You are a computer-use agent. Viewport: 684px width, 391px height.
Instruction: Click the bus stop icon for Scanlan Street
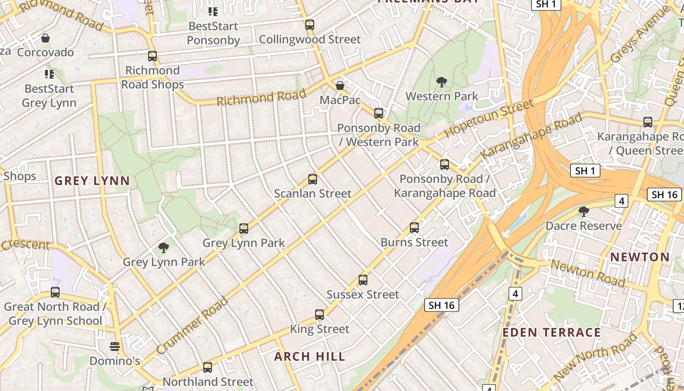(313, 179)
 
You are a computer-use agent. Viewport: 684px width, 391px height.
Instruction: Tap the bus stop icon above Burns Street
(414, 228)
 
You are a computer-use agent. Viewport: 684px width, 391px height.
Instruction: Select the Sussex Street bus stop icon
(363, 280)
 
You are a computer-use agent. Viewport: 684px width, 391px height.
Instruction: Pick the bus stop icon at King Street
(320, 315)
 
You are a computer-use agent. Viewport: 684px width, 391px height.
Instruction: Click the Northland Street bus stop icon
(208, 368)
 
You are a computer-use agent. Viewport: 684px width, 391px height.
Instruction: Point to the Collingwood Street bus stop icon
(310, 25)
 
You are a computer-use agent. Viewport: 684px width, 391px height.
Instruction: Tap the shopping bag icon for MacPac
(340, 86)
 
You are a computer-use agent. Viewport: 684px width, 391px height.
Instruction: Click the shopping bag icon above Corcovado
(45, 38)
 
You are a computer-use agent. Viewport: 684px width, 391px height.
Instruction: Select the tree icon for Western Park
(441, 82)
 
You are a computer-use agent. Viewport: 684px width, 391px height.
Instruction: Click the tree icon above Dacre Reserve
(583, 212)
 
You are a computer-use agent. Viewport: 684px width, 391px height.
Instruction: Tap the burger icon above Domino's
(115, 347)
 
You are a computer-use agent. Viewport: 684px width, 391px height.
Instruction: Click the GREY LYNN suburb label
(92, 181)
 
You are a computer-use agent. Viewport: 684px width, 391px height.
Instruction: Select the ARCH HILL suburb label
(310, 356)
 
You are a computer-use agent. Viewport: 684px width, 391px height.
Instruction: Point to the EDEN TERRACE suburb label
(552, 333)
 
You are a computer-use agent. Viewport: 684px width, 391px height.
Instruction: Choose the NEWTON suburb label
(640, 257)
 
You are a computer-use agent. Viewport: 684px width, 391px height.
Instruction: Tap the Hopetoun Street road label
(489, 118)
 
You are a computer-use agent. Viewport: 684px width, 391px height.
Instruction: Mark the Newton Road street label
(588, 273)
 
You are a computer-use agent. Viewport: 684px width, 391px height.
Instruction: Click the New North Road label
(596, 358)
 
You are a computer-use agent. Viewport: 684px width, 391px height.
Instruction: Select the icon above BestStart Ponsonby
(213, 11)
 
